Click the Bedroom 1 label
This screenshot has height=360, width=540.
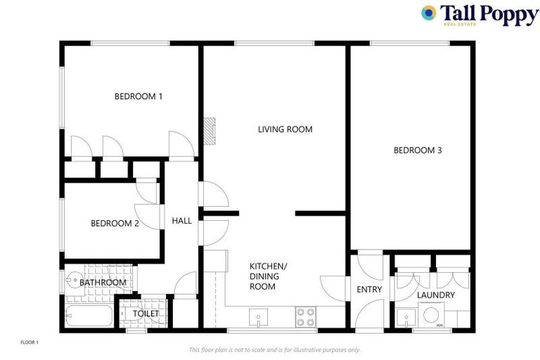click(x=139, y=96)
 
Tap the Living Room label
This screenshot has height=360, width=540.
click(x=285, y=129)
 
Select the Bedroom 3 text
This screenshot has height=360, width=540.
click(x=418, y=150)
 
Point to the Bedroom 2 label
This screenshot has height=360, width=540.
click(x=115, y=224)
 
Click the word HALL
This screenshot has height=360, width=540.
click(x=181, y=221)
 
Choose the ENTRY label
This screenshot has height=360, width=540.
click(x=369, y=289)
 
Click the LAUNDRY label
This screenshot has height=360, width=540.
click(x=435, y=295)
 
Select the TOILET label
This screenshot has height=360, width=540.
click(x=146, y=313)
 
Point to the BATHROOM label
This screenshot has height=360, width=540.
click(x=103, y=283)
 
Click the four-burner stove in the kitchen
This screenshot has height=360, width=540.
click(x=306, y=317)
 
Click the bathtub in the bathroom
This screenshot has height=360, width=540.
click(x=88, y=316)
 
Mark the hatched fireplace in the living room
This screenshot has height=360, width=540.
click(x=208, y=130)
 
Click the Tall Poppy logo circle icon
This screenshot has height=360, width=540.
click(x=428, y=13)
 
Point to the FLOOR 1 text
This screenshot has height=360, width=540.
click(x=29, y=342)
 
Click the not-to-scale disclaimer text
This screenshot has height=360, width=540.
click(x=274, y=349)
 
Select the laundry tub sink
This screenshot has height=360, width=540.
click(x=404, y=318)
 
